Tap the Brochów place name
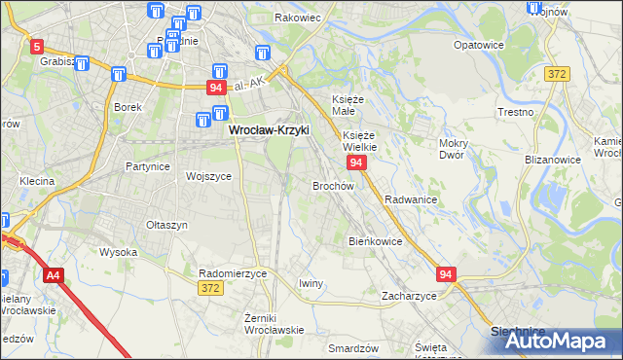[333, 185]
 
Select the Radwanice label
[410, 199]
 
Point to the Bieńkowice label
[375, 240]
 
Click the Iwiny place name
[311, 283]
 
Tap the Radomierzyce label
[232, 274]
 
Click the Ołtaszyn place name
[165, 225]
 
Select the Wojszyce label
[208, 177]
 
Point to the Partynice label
[148, 166]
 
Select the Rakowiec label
[298, 18]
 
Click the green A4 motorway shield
[53, 275]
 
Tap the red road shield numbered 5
[37, 46]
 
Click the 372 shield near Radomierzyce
[209, 288]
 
